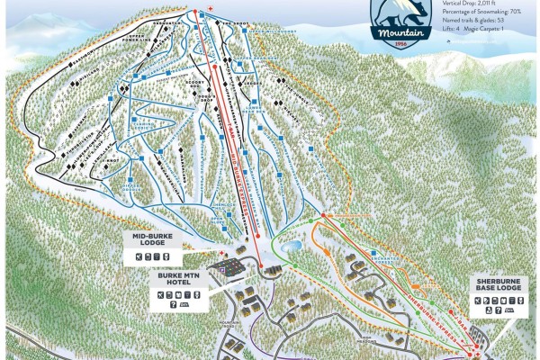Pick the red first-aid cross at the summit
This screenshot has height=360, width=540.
[210, 9]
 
